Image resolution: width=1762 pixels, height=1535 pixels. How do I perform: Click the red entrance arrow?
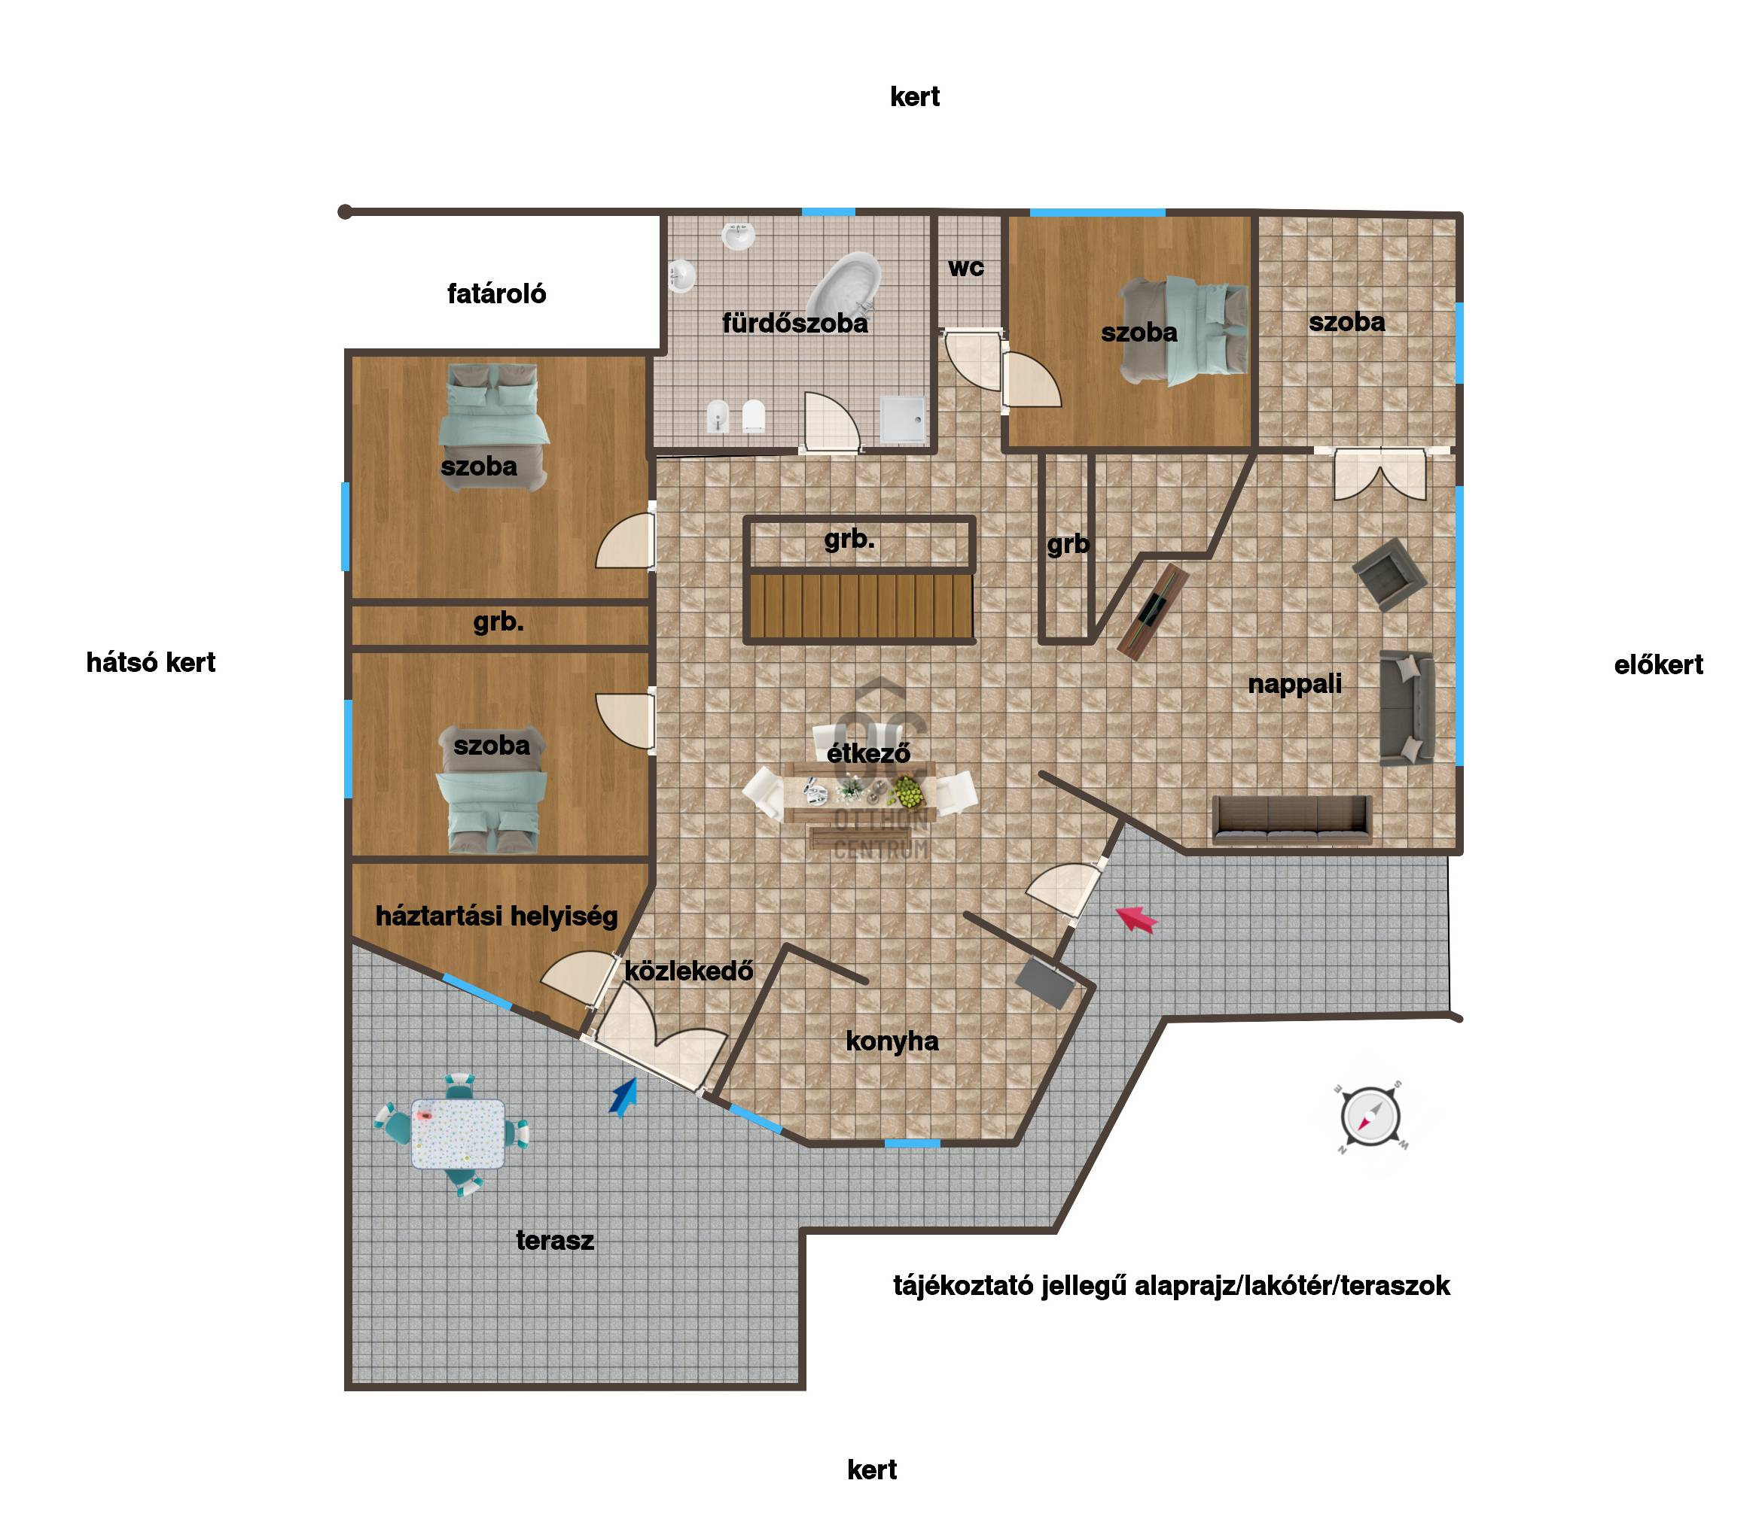[x=1136, y=919]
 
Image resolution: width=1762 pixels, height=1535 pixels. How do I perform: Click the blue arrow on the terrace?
[x=624, y=1097]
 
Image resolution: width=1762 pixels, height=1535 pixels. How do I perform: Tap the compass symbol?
[x=1370, y=1117]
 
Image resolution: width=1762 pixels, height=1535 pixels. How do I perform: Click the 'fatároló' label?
[x=496, y=293]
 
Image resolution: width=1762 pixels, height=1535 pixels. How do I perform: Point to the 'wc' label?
[x=966, y=267]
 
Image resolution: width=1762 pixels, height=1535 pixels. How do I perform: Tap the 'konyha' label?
[x=892, y=1041]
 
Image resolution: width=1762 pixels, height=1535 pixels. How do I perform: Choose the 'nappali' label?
[x=1295, y=683]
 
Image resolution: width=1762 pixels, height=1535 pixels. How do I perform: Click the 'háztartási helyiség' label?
[x=496, y=916]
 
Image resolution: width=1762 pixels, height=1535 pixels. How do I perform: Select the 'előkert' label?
[x=1658, y=664]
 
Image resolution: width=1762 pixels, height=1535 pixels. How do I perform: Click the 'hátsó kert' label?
[x=151, y=662]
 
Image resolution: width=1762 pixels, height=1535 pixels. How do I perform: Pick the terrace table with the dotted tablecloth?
[x=458, y=1134]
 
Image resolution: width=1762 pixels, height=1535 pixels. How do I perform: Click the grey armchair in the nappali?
[x=1389, y=574]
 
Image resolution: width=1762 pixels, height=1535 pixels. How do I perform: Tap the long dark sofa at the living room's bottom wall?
[x=1292, y=819]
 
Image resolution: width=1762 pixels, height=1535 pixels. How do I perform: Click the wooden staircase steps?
[x=861, y=606]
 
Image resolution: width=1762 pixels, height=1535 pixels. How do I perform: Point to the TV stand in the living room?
[x=1153, y=612]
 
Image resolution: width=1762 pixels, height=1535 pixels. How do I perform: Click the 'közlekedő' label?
[x=689, y=971]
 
